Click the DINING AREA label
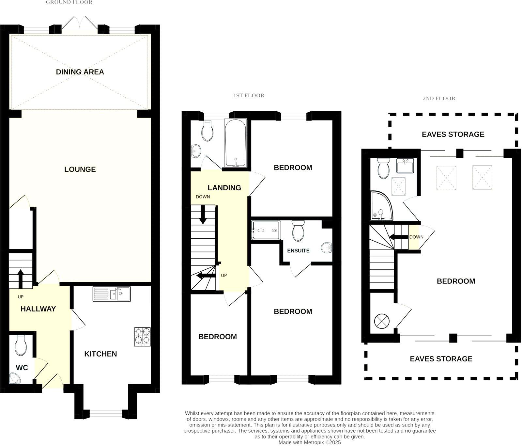80,72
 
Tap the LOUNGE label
80,169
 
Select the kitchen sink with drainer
111,294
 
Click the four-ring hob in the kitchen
143,337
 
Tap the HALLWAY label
38,309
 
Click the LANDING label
224,188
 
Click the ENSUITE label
298,251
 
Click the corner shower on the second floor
381,206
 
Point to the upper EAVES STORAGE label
453,134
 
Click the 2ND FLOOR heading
439,98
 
